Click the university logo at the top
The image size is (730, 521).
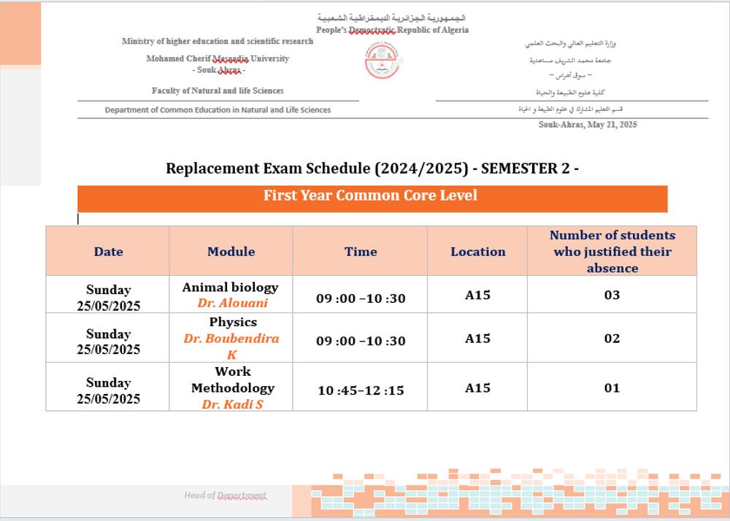(383, 61)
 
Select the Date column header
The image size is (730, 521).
(108, 252)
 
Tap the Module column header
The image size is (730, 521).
(231, 252)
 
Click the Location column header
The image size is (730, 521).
(477, 252)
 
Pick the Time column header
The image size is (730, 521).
(361, 252)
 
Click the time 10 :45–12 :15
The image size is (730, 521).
(361, 390)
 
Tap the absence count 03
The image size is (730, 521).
(612, 295)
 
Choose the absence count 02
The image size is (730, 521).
(612, 339)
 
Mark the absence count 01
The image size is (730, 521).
(612, 387)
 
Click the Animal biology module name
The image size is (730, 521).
(231, 287)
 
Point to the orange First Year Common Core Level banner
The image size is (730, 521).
(372, 196)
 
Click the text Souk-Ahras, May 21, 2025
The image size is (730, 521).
(588, 125)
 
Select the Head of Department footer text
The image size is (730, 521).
(226, 495)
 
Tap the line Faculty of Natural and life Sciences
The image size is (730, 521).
(218, 90)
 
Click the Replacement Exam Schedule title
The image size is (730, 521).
(372, 169)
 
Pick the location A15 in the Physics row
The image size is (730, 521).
(477, 339)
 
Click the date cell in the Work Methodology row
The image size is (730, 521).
(108, 390)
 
